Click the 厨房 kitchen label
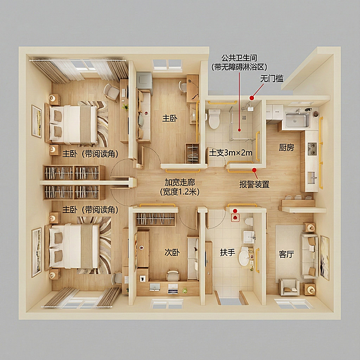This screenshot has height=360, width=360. pyautogui.click(x=286, y=147)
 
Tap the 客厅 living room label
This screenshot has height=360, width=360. pyautogui.click(x=286, y=254)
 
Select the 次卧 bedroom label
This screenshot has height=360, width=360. pyautogui.click(x=172, y=253)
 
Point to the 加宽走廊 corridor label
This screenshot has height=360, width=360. pyautogui.click(x=180, y=182)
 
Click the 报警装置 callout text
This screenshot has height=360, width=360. pyautogui.click(x=254, y=184)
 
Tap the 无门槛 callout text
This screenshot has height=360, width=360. pyautogui.click(x=272, y=79)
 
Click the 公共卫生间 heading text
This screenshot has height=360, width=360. pyautogui.click(x=239, y=57)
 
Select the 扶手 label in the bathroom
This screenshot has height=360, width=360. pyautogui.click(x=227, y=253)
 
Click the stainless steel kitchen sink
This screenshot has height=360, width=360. pyautogui.click(x=298, y=120)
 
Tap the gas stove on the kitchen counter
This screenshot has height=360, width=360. pyautogui.click(x=312, y=148)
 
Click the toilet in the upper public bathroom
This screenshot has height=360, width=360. pyautogui.click(x=214, y=119)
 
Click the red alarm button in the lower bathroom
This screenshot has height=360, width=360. pyautogui.click(x=235, y=217)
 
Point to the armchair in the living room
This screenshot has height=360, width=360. pyautogui.click(x=289, y=286)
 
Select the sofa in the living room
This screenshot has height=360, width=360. pyautogui.click(x=309, y=255)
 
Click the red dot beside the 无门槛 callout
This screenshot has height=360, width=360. pyautogui.click(x=252, y=98)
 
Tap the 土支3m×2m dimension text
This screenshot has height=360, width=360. pyautogui.click(x=231, y=152)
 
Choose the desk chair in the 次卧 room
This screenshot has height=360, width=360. pyautogui.click(x=173, y=275)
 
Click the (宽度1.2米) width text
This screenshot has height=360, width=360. pyautogui.click(x=180, y=192)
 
